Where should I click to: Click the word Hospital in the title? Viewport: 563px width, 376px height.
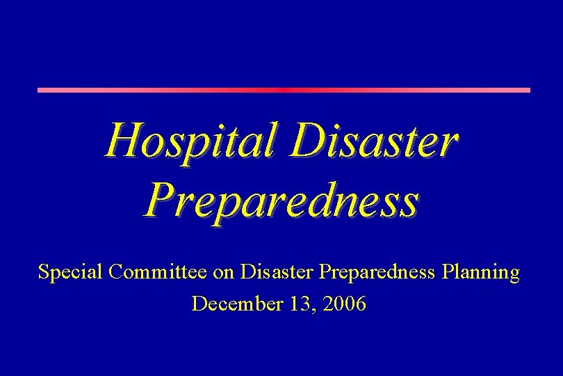(192, 139)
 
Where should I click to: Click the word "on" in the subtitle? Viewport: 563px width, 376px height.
(224, 273)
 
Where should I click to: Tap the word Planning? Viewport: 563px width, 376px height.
(481, 272)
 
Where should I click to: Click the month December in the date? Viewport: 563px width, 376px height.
(235, 304)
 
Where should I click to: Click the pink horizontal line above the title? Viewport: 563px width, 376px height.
(283, 90)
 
